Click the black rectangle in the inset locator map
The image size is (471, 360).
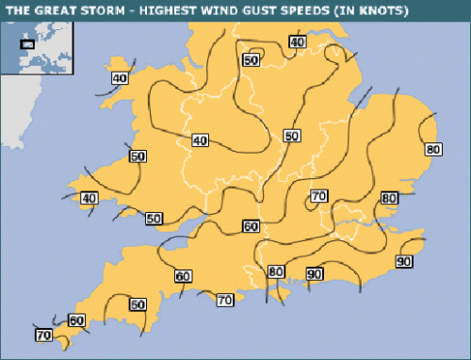27,42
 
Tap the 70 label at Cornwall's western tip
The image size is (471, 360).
43,335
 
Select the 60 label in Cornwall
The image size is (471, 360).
76,321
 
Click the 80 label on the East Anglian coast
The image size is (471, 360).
433,149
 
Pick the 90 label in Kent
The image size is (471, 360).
404,261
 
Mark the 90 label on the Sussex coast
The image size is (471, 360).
315,273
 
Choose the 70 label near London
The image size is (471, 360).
318,196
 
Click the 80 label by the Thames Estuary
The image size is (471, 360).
388,198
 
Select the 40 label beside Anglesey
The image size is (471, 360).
120,78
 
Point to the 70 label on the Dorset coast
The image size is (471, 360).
224,300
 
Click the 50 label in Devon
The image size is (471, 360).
138,304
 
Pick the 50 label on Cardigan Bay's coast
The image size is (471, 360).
138,156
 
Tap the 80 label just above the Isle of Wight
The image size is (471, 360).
275,271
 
